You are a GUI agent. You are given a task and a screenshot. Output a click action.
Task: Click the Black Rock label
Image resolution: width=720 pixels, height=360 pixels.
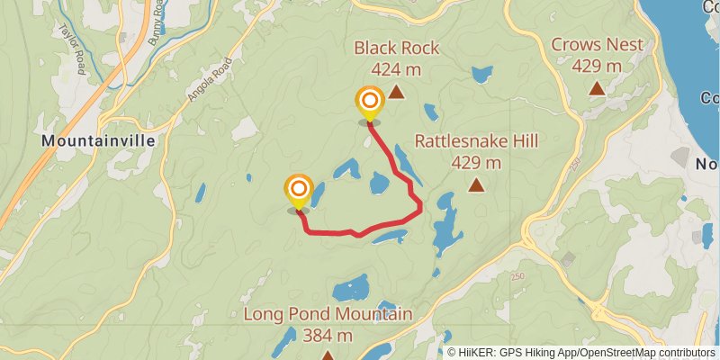[396, 48]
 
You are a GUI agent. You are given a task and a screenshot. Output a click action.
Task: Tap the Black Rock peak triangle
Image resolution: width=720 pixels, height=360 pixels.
[395, 91]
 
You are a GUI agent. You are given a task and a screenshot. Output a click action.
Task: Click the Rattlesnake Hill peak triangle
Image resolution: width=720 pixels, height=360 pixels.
[475, 185]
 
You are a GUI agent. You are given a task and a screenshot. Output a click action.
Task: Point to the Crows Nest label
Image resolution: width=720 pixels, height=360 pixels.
[597, 44]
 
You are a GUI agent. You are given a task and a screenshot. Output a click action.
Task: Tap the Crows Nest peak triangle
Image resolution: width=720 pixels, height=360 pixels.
[596, 88]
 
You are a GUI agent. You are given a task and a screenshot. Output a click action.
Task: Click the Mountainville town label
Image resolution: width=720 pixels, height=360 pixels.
[98, 141]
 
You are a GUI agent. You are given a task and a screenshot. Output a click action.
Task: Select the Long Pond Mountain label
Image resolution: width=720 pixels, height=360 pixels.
[328, 314]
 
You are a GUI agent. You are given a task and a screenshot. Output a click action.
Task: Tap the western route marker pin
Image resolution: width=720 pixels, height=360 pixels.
[298, 191]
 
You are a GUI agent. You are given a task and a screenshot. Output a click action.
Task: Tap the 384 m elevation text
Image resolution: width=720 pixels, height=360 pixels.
[328, 336]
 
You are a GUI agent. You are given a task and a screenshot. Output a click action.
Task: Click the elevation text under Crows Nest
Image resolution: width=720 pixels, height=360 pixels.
[597, 66]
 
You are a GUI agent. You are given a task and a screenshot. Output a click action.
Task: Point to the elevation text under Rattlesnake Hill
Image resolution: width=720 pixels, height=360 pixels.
[475, 163]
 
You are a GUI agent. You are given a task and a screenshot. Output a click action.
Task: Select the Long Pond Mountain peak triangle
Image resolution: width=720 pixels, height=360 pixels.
[328, 355]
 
